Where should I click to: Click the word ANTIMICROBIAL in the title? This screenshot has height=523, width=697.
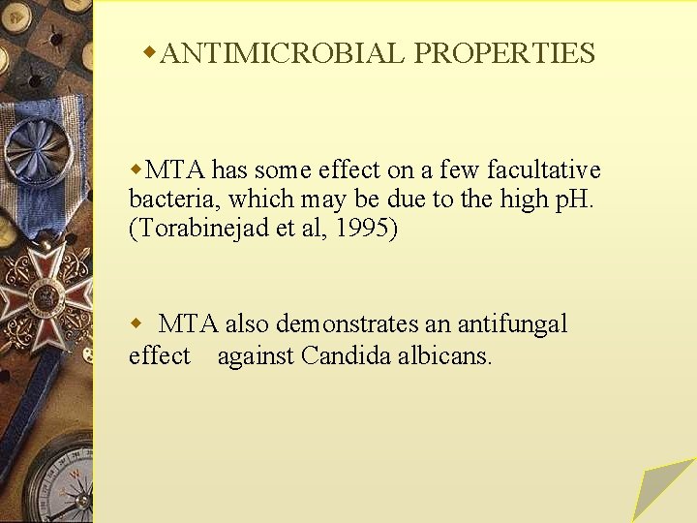[x=282, y=53]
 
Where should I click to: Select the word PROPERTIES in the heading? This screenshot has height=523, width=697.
[x=504, y=53]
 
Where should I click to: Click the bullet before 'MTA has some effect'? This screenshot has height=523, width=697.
[x=136, y=169]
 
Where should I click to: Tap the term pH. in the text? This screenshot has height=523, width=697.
[x=574, y=200]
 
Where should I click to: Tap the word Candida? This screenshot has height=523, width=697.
[x=344, y=355]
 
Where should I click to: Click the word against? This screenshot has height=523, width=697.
[x=256, y=355]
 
